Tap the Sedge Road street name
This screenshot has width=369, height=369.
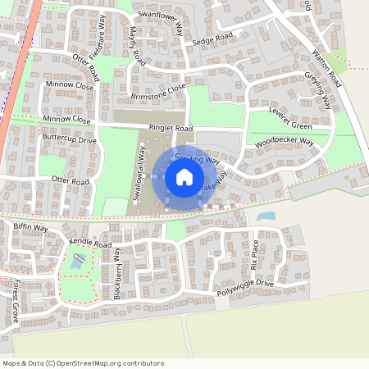click(213, 39)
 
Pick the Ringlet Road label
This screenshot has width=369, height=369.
click(171, 129)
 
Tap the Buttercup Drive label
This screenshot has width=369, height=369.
click(69, 140)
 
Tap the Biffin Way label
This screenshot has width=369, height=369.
click(31, 227)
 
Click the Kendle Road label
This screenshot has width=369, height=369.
click(90, 244)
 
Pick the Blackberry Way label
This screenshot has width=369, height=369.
click(117, 273)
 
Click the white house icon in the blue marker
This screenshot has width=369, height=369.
click(184, 176)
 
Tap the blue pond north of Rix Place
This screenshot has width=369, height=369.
click(266, 217)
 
